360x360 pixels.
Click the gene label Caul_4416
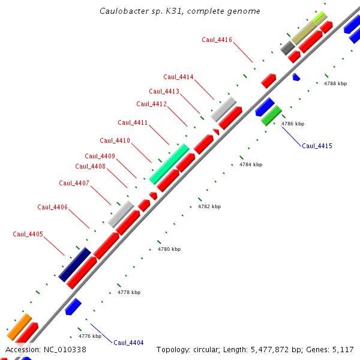217,40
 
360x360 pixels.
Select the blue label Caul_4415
317,146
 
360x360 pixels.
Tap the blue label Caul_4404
128,343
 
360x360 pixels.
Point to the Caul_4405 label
28,234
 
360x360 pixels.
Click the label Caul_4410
115,140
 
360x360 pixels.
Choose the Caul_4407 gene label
74,183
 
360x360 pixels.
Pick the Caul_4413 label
164,91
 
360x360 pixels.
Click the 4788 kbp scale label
335,83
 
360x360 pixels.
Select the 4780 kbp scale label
169,249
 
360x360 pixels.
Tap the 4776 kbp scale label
90,336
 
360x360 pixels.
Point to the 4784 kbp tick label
251,164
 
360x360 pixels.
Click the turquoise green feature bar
169,164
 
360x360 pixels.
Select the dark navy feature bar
74,265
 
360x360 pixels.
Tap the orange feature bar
19,327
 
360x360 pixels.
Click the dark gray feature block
287,48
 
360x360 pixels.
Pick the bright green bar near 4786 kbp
271,116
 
